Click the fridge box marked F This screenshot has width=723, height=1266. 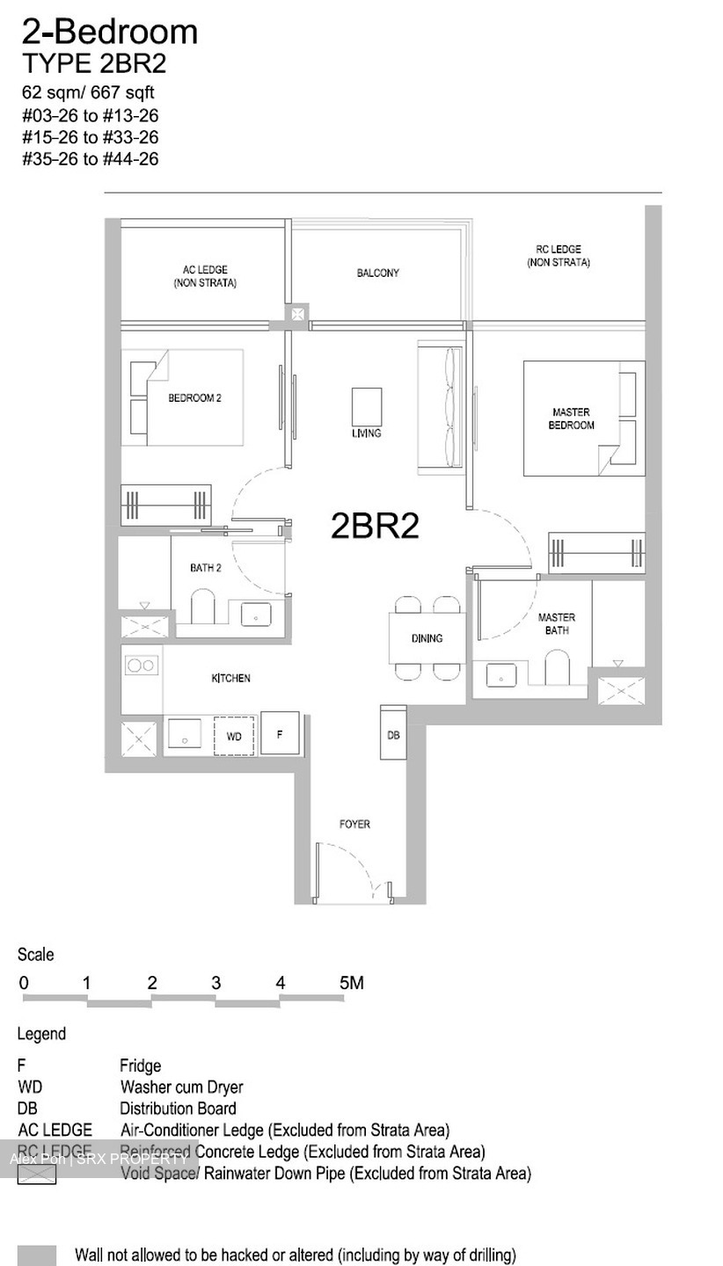tap(280, 733)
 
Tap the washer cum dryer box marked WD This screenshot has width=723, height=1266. tap(234, 736)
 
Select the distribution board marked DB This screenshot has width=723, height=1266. tap(393, 733)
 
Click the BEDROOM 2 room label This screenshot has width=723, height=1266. tap(194, 398)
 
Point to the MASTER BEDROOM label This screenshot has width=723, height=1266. tap(571, 418)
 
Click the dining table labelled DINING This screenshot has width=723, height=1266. tap(427, 638)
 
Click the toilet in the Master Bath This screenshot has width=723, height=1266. tap(557, 668)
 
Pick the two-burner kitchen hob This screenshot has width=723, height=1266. tap(142, 666)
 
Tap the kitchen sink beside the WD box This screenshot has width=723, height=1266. tap(185, 734)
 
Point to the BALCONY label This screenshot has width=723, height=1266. tap(377, 273)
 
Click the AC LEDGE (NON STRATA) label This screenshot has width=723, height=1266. tap(205, 276)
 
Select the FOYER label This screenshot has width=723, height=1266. tap(354, 824)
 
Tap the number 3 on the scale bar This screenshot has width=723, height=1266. tap(215, 983)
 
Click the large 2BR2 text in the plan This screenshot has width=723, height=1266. tap(375, 526)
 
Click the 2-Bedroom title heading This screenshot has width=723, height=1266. tap(110, 32)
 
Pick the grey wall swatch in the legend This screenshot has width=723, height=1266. tap(37, 1255)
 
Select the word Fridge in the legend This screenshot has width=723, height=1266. tap(141, 1066)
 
